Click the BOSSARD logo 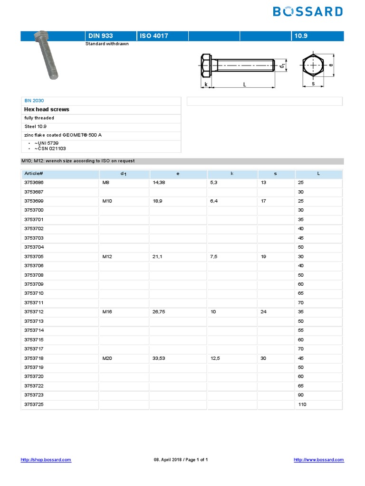(x=308, y=11)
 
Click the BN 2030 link (x=34, y=101)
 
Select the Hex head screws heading (x=47, y=109)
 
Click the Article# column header (x=34, y=174)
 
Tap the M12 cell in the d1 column (x=108, y=256)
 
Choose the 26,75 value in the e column (x=160, y=312)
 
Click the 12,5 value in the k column (x=215, y=358)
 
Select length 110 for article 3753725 (x=303, y=404)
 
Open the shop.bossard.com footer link (x=46, y=460)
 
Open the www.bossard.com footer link (x=319, y=460)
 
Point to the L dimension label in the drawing (x=244, y=84)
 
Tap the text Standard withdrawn (x=107, y=44)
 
